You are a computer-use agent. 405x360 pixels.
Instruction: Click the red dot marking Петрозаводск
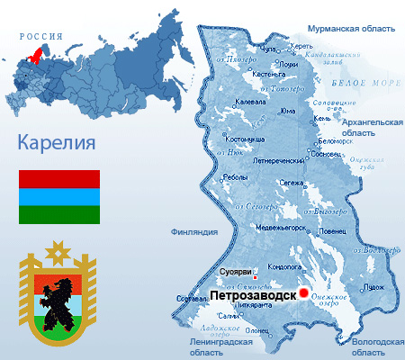tap(304, 292)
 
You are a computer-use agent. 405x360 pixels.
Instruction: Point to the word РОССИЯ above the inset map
tap(42, 37)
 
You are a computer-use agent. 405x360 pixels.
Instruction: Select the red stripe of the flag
tap(59, 178)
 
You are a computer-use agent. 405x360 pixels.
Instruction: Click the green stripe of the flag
tap(59, 214)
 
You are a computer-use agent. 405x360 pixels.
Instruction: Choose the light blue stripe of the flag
tap(59, 196)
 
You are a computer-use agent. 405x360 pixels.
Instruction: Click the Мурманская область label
tap(350, 29)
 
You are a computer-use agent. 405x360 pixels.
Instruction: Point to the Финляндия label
tap(193, 232)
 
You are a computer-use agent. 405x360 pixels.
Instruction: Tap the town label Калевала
tap(250, 102)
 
